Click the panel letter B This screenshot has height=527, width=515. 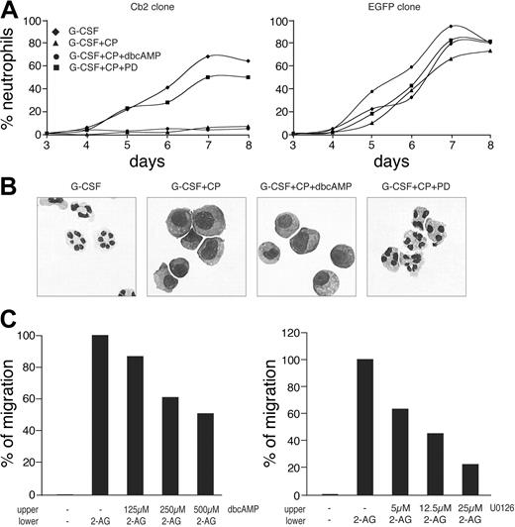tap(12, 185)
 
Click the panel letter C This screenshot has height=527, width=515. tap(12, 319)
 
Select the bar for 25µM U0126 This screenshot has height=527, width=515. tap(463, 466)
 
